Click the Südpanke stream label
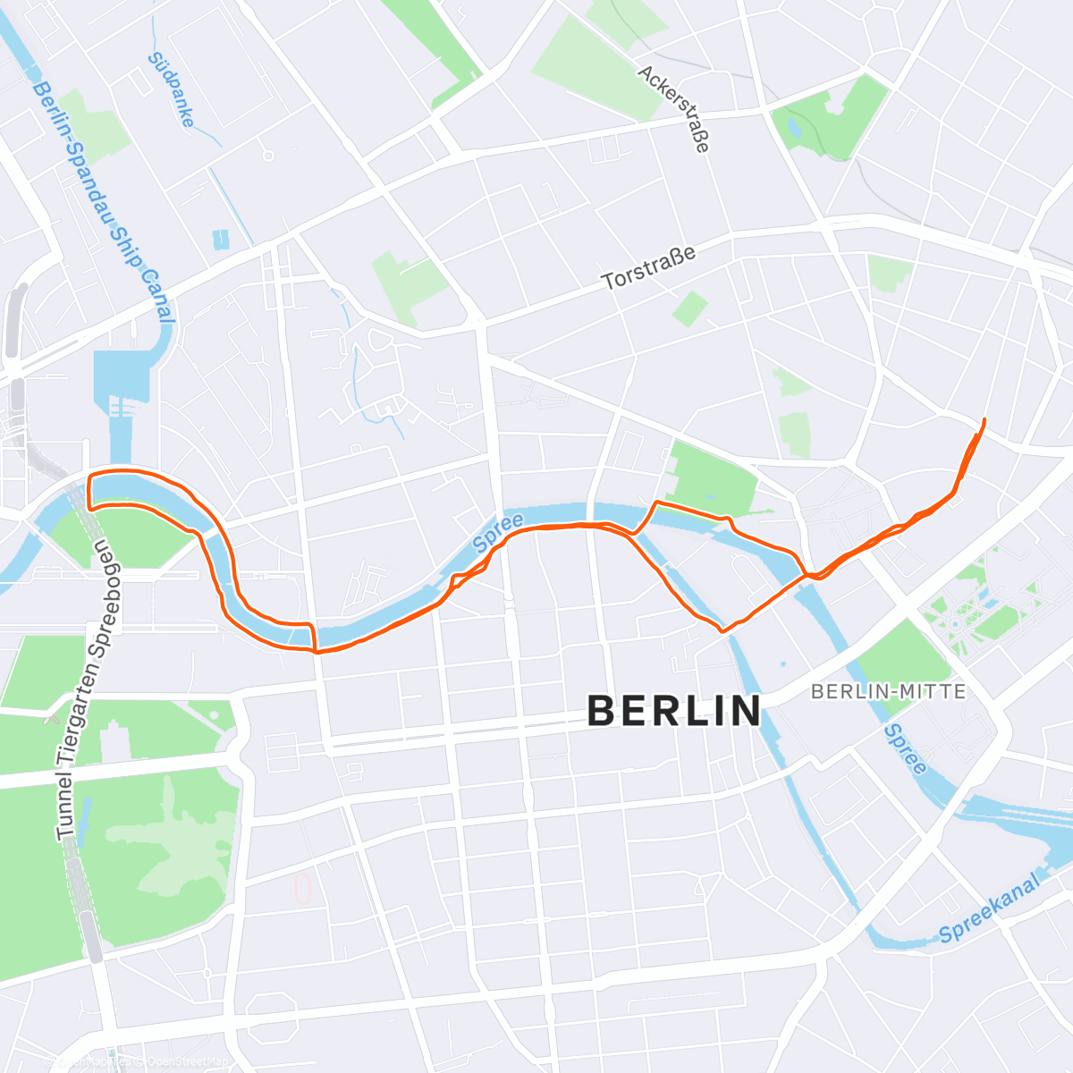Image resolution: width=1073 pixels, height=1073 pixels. (x=171, y=89)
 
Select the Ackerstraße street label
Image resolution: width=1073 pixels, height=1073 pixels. (x=675, y=108)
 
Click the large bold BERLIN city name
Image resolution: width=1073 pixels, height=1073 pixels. (x=675, y=712)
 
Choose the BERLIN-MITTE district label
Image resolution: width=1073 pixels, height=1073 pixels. (x=888, y=691)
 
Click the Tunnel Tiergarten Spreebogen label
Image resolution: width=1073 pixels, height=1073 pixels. (x=81, y=689)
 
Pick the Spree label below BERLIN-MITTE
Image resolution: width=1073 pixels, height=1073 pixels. (x=905, y=749)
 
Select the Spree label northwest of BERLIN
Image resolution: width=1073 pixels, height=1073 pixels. (x=498, y=533)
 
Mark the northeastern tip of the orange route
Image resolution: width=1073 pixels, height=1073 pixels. (x=984, y=419)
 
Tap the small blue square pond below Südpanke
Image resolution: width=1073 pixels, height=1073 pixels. (x=221, y=239)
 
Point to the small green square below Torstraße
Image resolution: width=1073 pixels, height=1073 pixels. (x=689, y=308)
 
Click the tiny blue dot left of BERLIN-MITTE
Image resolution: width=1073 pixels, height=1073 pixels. (x=782, y=664)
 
